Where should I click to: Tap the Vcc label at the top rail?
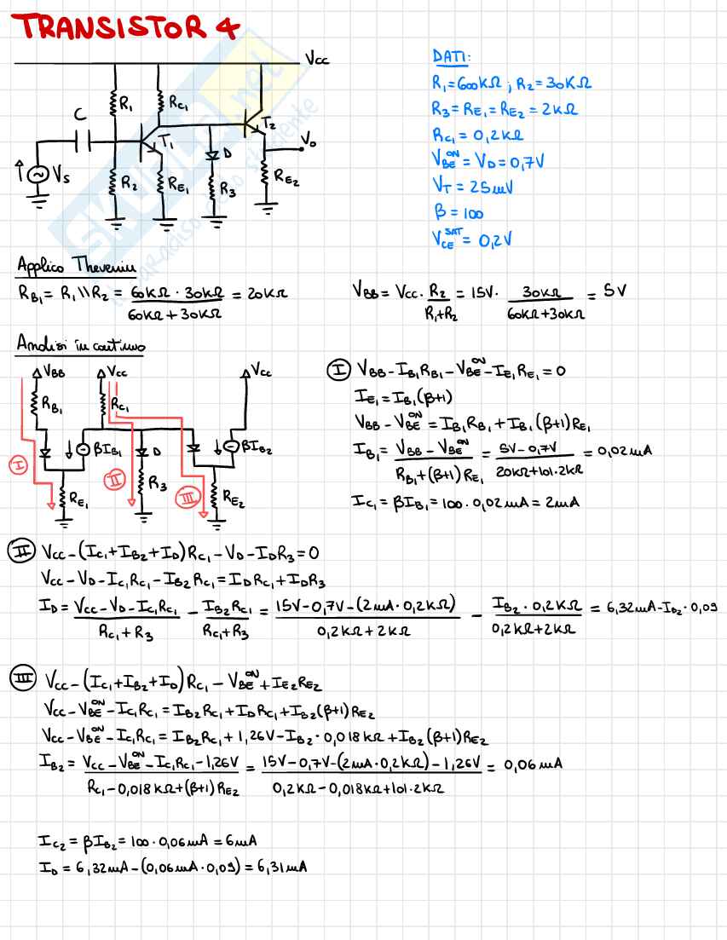(x=316, y=60)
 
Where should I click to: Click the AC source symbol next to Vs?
(x=38, y=175)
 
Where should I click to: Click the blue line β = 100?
(x=458, y=214)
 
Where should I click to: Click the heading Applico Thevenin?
(x=76, y=267)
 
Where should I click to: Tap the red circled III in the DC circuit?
(x=185, y=495)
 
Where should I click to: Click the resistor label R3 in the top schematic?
(x=228, y=191)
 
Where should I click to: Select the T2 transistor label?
(x=268, y=122)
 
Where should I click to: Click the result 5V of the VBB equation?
(x=614, y=291)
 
